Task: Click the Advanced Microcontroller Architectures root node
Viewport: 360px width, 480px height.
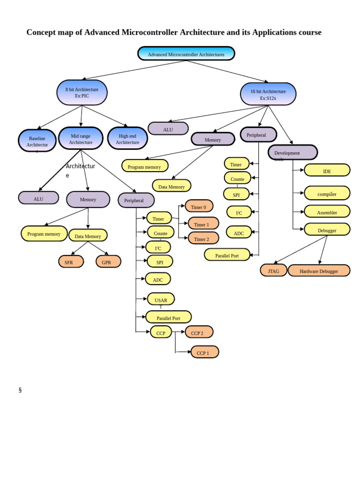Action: click(x=186, y=54)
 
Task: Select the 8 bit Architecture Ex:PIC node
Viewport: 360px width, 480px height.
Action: click(x=82, y=92)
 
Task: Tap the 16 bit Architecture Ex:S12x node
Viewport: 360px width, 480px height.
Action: click(x=268, y=94)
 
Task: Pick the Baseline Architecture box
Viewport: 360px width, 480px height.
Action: click(x=37, y=141)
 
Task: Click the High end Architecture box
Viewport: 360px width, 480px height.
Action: click(x=127, y=139)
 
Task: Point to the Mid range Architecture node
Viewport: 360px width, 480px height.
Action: click(x=81, y=139)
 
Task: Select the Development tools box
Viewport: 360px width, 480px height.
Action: click(x=292, y=153)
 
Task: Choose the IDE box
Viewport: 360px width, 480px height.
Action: click(x=327, y=171)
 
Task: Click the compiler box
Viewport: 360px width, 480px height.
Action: click(x=327, y=193)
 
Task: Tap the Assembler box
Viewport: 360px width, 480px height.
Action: click(x=327, y=212)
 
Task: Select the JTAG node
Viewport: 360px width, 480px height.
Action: click(x=273, y=270)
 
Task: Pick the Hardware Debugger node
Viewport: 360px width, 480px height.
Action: click(x=319, y=270)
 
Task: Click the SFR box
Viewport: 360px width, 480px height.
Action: click(x=71, y=262)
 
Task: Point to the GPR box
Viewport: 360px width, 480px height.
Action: click(x=108, y=262)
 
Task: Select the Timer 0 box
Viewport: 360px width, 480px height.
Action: click(x=199, y=206)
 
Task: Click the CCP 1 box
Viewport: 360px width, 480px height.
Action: click(x=204, y=352)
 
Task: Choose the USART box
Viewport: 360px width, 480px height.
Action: click(x=161, y=300)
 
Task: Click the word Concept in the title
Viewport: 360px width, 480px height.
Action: click(x=41, y=32)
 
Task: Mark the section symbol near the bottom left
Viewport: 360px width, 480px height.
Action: click(x=20, y=390)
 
